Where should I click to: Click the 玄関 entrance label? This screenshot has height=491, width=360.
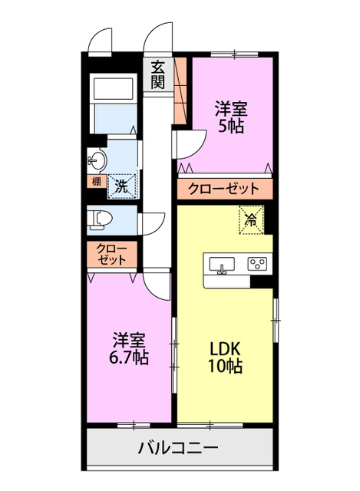(x=157, y=74)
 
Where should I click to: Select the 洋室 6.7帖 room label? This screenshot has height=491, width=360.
(x=128, y=348)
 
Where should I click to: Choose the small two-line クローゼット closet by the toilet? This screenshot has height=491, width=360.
(x=112, y=255)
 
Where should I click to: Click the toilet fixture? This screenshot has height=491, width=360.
(x=101, y=220)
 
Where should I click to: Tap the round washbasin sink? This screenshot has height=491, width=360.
(x=97, y=160)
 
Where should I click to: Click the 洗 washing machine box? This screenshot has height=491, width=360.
(x=121, y=184)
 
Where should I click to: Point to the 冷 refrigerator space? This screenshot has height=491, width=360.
(x=251, y=219)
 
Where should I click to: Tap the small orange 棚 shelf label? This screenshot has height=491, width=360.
(x=96, y=183)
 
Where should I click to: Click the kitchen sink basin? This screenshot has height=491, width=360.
(x=223, y=266)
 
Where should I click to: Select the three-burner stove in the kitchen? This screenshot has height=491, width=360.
(x=257, y=265)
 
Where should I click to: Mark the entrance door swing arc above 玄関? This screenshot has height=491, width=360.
(x=159, y=37)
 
